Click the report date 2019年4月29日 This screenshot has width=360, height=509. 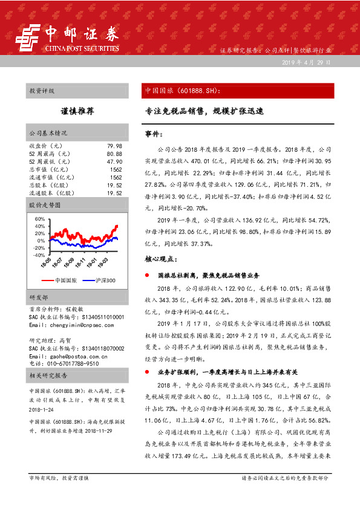pyautogui.click(x=306, y=63)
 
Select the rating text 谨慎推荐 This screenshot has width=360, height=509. pyautogui.click(x=77, y=111)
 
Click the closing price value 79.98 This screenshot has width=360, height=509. pyautogui.click(x=114, y=146)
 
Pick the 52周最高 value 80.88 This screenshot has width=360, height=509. pyautogui.click(x=114, y=154)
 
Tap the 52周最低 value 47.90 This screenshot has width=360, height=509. pyautogui.click(x=114, y=162)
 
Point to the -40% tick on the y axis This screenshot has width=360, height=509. pyautogui.click(x=38, y=255)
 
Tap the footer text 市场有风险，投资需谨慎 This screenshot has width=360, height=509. pyautogui.click(x=59, y=494)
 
